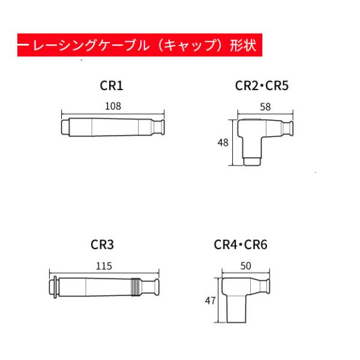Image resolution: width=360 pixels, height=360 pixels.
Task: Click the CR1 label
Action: (112, 85)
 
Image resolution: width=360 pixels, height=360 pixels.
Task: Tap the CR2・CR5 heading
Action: (262, 85)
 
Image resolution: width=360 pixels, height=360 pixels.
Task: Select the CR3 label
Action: (102, 245)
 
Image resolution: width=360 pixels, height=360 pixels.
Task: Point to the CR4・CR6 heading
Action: (241, 245)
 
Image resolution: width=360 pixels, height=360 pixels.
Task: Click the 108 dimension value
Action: (113, 106)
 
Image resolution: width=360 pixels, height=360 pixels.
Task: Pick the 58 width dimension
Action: (265, 107)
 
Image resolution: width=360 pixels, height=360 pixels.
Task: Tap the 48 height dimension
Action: (223, 143)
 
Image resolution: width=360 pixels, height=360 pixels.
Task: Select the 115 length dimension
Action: (104, 266)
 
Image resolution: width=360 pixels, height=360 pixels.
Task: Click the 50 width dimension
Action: (245, 266)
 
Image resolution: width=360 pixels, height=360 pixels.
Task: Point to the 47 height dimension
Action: (211, 301)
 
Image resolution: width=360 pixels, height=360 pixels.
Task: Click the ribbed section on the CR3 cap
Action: (136, 287)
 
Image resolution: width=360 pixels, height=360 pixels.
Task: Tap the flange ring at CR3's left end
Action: (55, 287)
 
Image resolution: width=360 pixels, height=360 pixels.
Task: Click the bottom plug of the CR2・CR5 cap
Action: (252, 161)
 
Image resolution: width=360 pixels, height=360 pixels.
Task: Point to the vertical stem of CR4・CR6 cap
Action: (236, 309)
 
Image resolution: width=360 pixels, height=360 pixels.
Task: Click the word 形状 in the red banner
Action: (243, 45)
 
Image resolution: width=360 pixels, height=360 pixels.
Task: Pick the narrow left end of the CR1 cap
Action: (65, 127)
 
